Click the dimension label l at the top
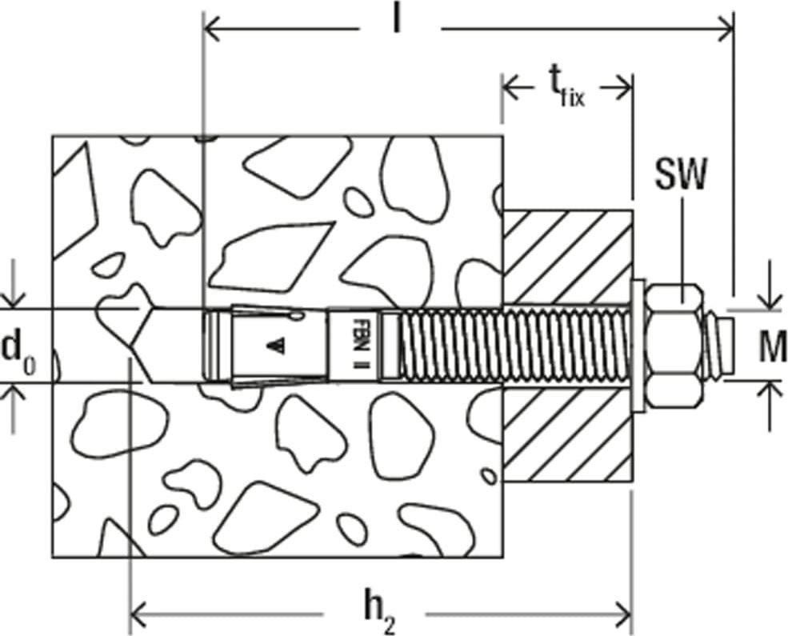pyautogui.click(x=397, y=21)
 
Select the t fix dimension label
pyautogui.click(x=566, y=91)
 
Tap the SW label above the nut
pyautogui.click(x=681, y=174)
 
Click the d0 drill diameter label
pyautogui.click(x=18, y=350)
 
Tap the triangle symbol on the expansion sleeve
pyautogui.click(x=275, y=345)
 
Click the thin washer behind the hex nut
pyautogui.click(x=638, y=346)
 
